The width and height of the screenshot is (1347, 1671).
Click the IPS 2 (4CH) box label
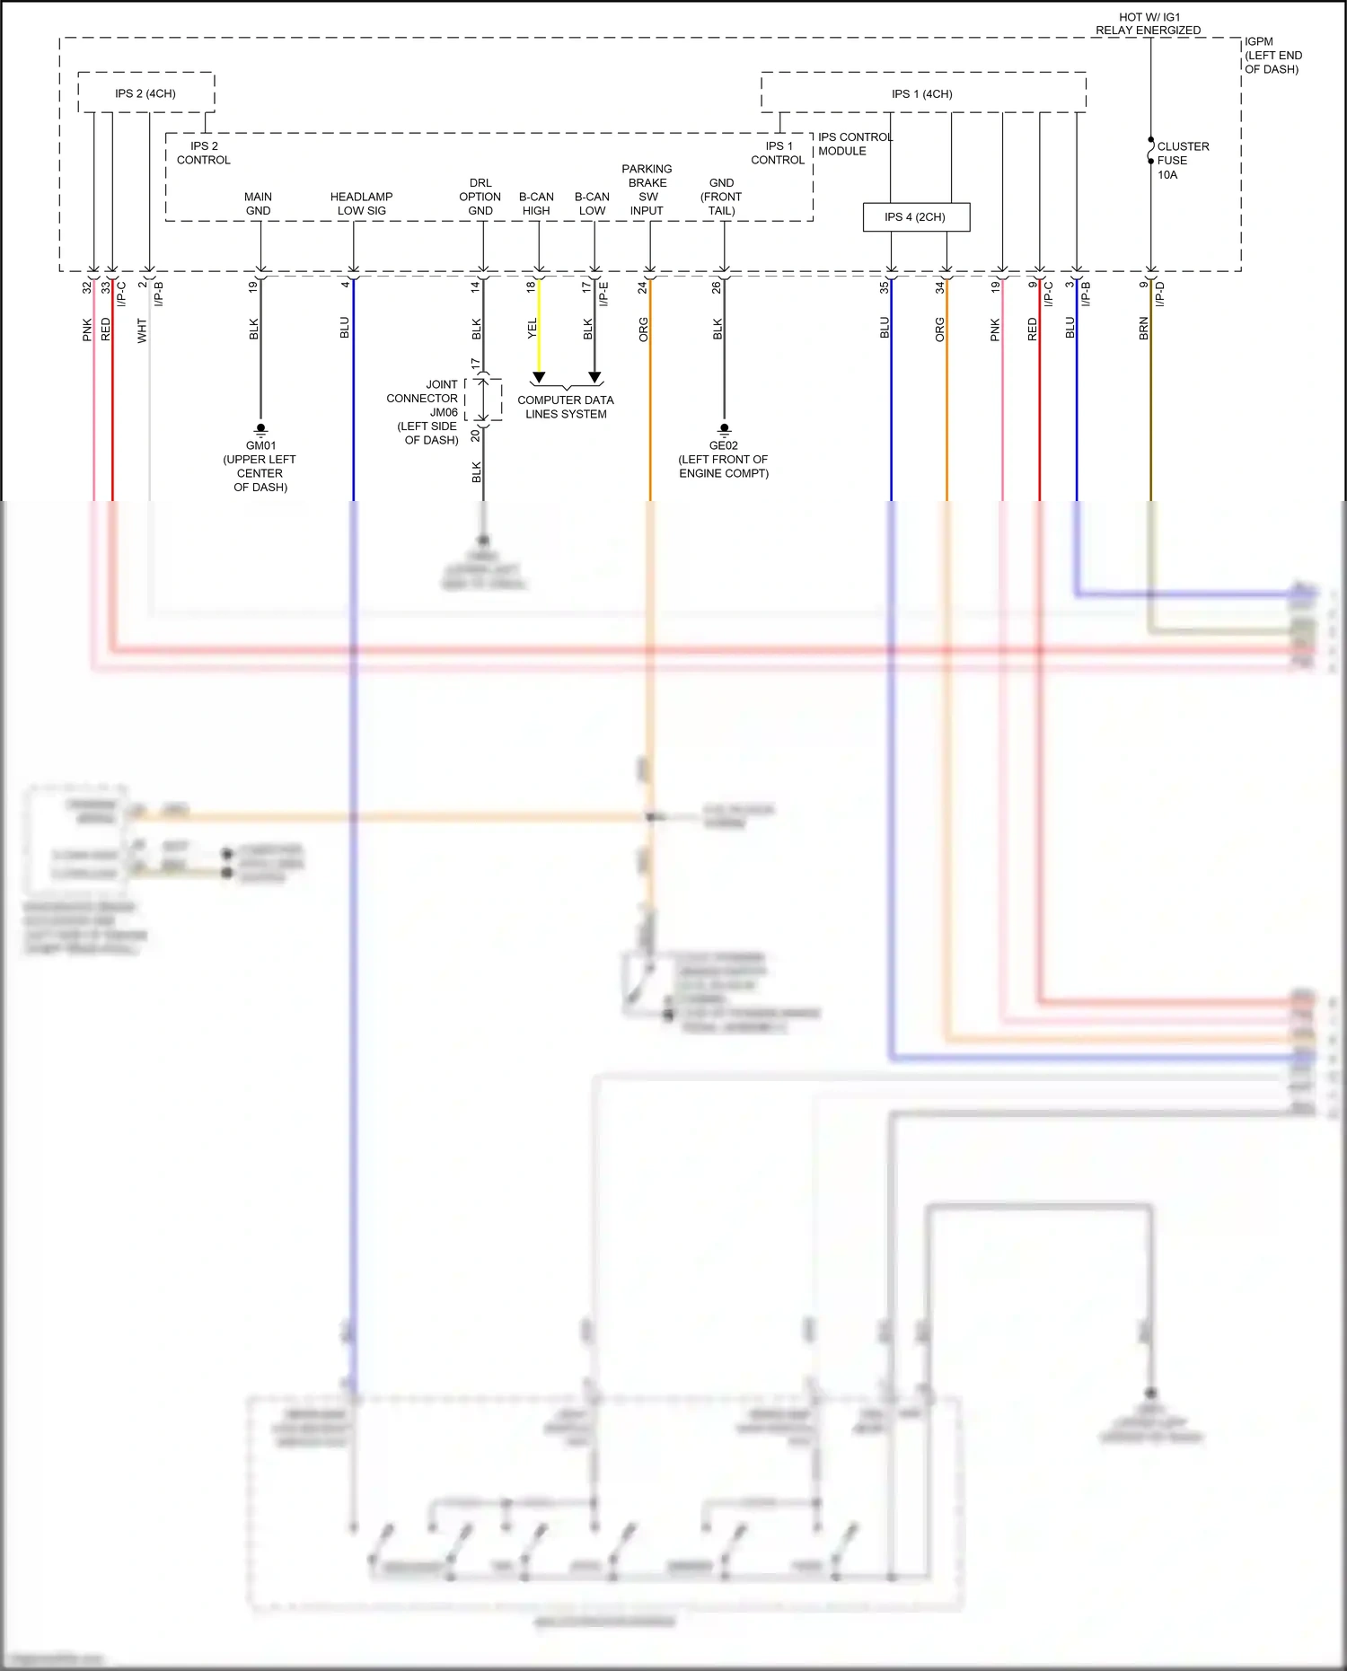(x=145, y=93)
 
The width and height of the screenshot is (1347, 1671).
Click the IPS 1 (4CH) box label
(x=921, y=93)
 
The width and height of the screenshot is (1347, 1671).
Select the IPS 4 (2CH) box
(x=915, y=217)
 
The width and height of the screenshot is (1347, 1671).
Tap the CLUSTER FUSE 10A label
(x=1182, y=160)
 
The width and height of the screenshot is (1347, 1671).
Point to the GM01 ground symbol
(x=260, y=429)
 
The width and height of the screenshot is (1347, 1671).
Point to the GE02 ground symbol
(x=724, y=429)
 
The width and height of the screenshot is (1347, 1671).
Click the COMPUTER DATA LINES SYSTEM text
(x=566, y=407)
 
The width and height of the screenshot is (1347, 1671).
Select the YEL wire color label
(x=532, y=329)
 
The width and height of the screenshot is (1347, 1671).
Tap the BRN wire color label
(x=1143, y=329)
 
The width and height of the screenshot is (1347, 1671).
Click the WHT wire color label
(x=142, y=330)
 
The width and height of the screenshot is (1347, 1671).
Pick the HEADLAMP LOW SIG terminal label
(x=361, y=204)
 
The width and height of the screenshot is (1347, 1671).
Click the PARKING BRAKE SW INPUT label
(x=647, y=189)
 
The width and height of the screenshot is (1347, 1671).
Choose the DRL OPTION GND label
(x=480, y=197)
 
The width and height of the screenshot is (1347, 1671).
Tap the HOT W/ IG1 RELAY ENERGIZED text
(x=1148, y=23)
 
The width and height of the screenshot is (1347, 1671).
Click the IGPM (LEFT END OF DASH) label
(x=1272, y=55)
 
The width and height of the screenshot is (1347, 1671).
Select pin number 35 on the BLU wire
(x=884, y=287)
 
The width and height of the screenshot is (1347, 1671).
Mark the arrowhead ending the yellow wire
(x=539, y=378)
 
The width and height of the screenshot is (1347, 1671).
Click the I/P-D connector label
(x=1159, y=294)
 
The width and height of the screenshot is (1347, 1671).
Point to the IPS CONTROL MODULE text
(x=854, y=144)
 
